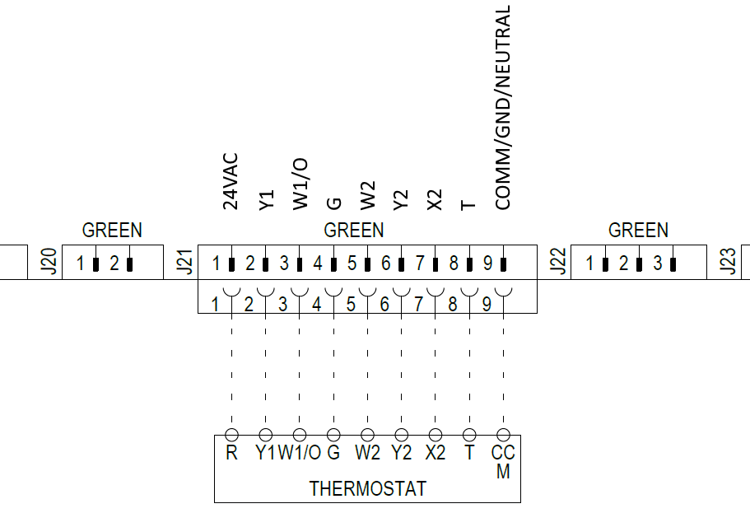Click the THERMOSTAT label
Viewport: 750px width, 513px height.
click(x=367, y=488)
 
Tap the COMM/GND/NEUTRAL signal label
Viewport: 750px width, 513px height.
click(x=503, y=108)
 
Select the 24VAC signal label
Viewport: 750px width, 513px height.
click(x=231, y=181)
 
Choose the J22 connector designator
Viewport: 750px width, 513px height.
click(x=557, y=262)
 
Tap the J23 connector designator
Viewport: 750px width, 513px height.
click(x=728, y=262)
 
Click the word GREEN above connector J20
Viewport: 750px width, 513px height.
click(x=112, y=231)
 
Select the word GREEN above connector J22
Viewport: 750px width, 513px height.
click(x=638, y=231)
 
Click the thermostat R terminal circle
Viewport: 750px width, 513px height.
click(x=231, y=435)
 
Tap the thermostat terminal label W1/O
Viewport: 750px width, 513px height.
click(x=300, y=452)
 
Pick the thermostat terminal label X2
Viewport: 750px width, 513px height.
click(x=436, y=452)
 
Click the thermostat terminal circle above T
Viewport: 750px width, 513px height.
click(x=470, y=435)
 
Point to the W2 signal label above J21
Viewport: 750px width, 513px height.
click(x=368, y=196)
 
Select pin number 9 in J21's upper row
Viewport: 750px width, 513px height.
click(x=487, y=263)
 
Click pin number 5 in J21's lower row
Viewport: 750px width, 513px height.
click(x=351, y=305)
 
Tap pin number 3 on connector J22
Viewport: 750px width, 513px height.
click(x=658, y=263)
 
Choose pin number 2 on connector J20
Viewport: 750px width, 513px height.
click(x=114, y=263)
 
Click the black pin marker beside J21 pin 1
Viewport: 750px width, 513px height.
click(x=232, y=264)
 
